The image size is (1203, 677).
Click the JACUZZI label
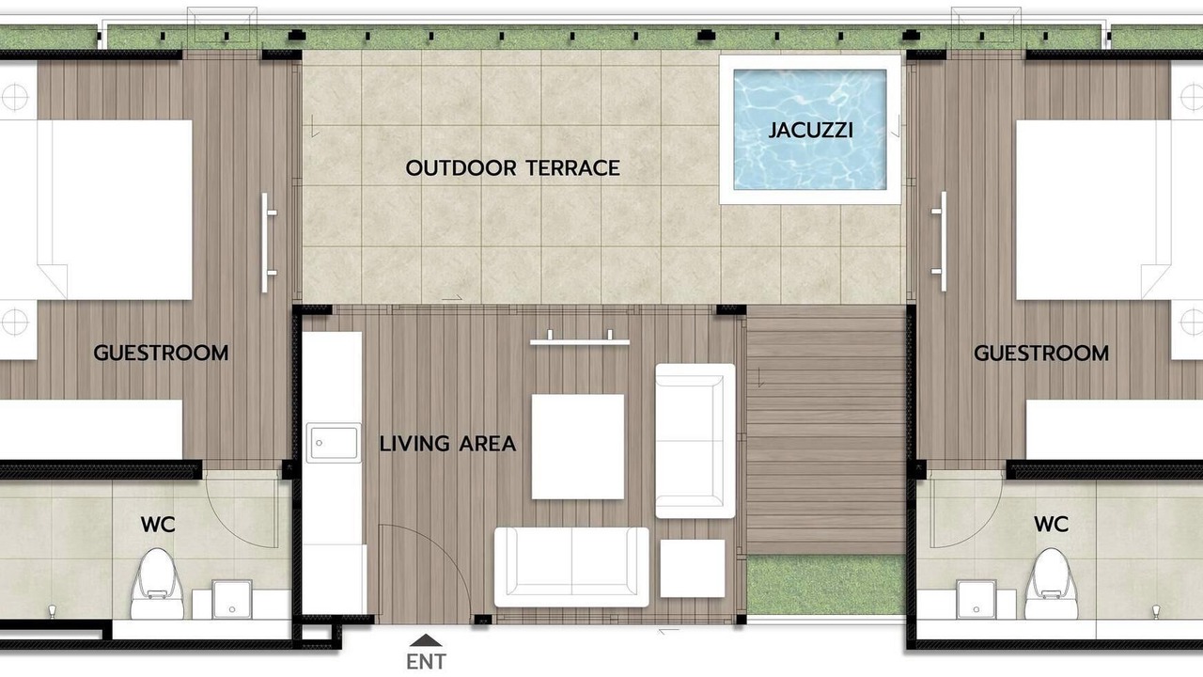click(x=810, y=130)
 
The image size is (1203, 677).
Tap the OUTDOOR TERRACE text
click(x=513, y=168)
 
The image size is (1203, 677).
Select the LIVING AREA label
click(x=448, y=444)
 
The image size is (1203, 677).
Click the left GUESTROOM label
click(x=161, y=353)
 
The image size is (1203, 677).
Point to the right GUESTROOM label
click(x=1041, y=353)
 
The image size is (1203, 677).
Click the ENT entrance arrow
click(x=426, y=640)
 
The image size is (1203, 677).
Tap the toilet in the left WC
click(x=157, y=584)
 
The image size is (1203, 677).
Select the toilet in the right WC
click(x=1051, y=584)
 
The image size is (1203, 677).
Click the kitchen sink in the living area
click(x=334, y=443)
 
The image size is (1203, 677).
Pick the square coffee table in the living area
click(x=578, y=447)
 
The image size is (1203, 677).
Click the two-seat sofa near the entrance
click(x=571, y=567)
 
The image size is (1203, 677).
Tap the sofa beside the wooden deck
click(x=695, y=441)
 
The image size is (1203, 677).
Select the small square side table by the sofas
click(x=693, y=569)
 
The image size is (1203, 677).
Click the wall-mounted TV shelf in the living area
click(x=580, y=339)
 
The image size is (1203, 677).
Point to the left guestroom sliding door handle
click(x=267, y=243)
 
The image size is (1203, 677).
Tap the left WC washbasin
click(x=231, y=599)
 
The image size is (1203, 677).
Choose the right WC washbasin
click(x=976, y=599)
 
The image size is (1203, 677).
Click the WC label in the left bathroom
click(x=158, y=525)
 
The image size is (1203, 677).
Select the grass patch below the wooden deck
click(x=826, y=586)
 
